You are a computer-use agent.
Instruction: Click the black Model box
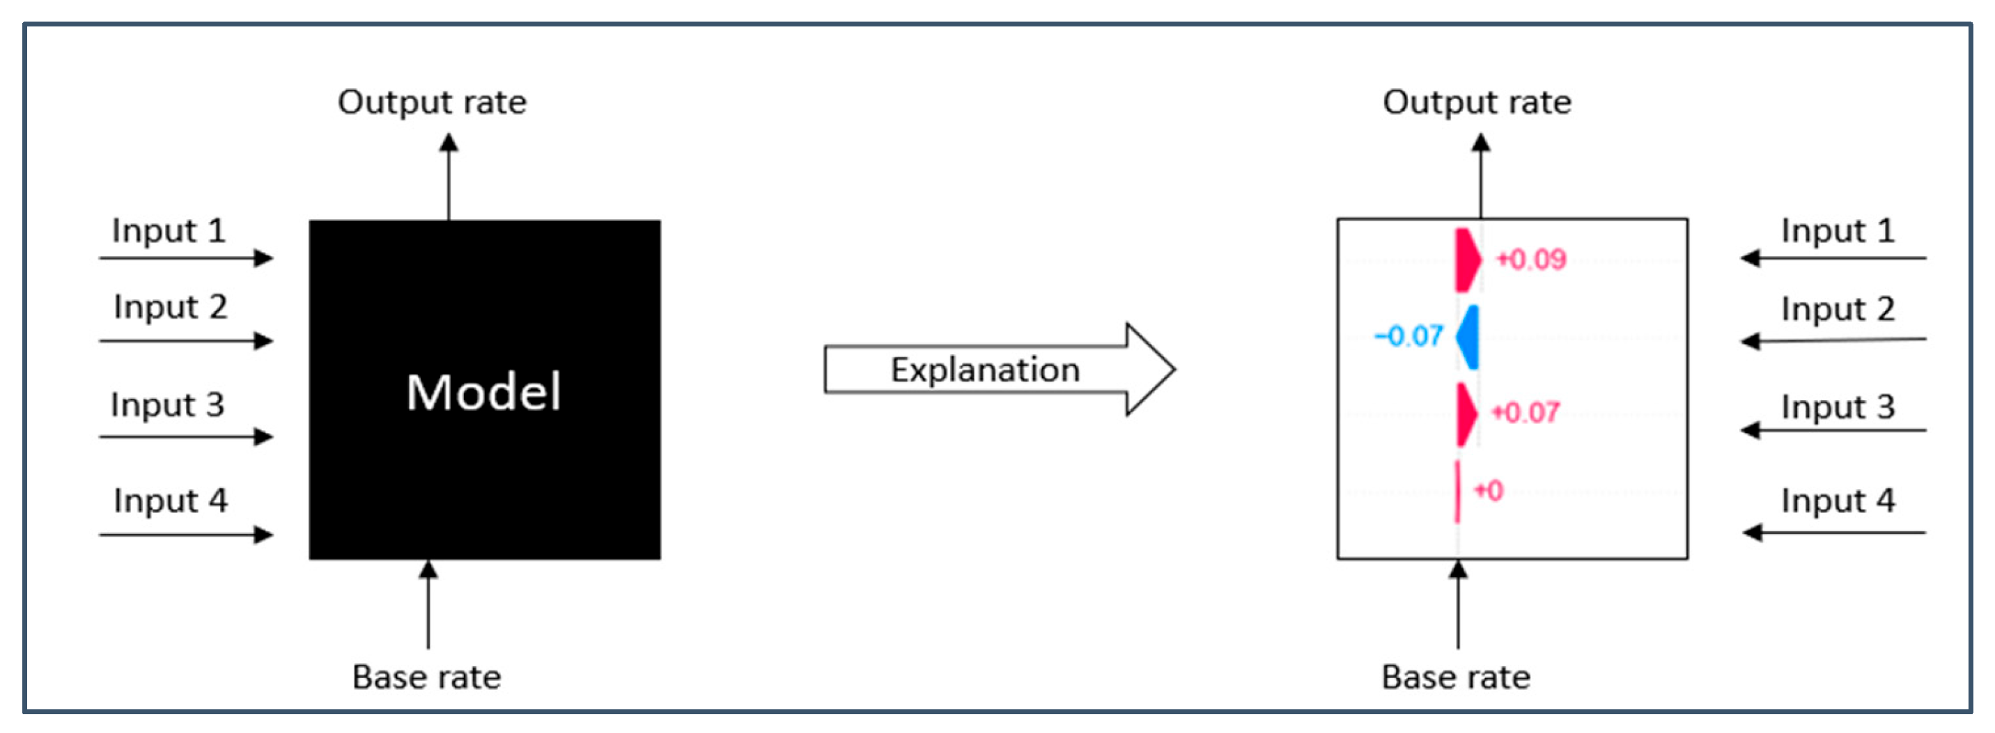[x=485, y=389]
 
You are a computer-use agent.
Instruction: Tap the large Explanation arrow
[x=999, y=369]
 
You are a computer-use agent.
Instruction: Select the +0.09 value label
[x=1530, y=259]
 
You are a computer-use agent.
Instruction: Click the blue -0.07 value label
[x=1408, y=336]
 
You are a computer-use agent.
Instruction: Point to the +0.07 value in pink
[x=1525, y=412]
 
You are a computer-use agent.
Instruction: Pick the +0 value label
[x=1488, y=490]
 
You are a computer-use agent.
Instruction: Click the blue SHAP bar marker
[x=1468, y=337]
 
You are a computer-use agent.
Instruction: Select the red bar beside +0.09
[x=1467, y=260]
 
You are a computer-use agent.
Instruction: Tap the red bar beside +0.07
[x=1466, y=413]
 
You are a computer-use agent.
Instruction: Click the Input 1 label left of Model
[x=169, y=230]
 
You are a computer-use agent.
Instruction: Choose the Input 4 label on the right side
[x=1838, y=501]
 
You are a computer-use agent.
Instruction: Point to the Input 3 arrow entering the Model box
[x=186, y=436]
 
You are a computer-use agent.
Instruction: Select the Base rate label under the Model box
[x=427, y=677]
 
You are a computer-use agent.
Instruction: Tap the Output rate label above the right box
[x=1477, y=102]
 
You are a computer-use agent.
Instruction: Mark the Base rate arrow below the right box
[x=1459, y=604]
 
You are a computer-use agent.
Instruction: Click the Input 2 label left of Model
[x=171, y=307]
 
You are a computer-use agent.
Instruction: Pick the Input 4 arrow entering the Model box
[x=186, y=534]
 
